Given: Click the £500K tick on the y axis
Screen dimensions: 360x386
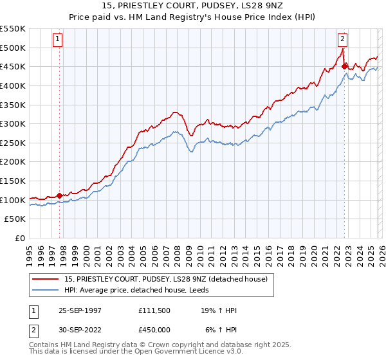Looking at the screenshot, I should pyautogui.click(x=13, y=48).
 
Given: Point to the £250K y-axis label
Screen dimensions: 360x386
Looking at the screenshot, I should pyautogui.click(x=13, y=143).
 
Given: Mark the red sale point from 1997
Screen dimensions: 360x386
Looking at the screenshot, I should pyautogui.click(x=60, y=195).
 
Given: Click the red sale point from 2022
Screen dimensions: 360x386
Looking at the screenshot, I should pyautogui.click(x=344, y=66).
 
